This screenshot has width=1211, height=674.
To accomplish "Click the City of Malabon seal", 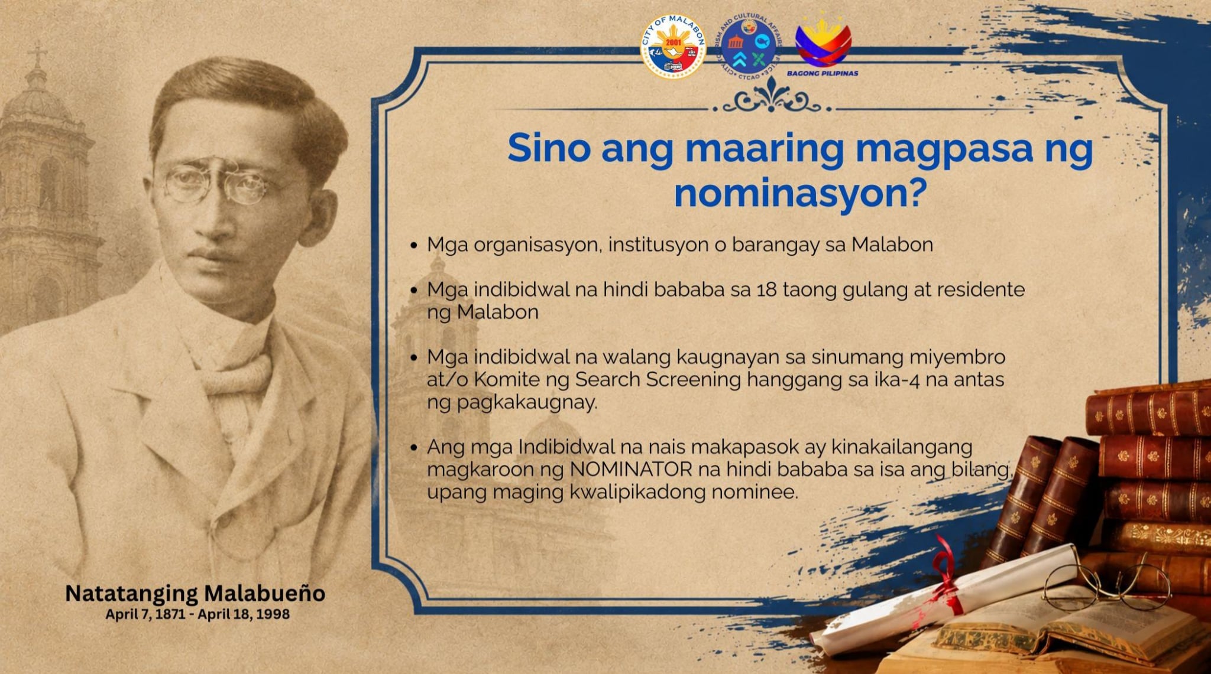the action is click(x=674, y=47).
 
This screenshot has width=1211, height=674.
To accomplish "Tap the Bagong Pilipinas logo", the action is click(x=823, y=45).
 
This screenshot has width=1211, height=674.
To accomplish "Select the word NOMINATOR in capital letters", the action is click(x=631, y=470).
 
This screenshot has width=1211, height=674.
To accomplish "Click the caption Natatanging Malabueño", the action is click(x=195, y=593).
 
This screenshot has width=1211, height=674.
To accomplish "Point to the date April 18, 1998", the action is click(x=244, y=614).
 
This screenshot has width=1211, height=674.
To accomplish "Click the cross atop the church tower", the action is click(x=37, y=54).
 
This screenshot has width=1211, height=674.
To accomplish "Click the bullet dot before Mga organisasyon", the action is click(x=414, y=245).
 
